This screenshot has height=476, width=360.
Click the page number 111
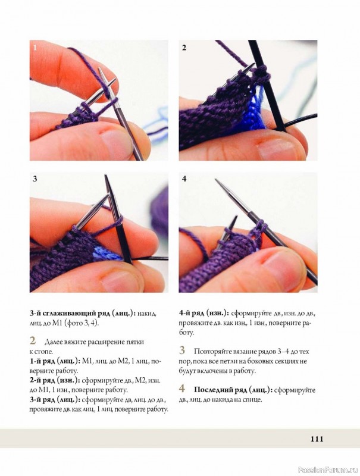[317, 439]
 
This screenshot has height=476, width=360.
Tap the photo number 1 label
[35, 48]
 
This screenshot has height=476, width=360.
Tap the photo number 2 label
[184, 48]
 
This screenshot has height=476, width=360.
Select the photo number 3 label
[35, 179]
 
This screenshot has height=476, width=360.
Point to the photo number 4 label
[184, 179]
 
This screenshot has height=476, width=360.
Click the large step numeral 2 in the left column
[33, 340]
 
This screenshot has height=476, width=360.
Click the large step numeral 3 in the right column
[182, 350]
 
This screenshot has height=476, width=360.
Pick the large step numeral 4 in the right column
[182, 389]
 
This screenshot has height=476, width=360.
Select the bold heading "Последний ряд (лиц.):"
[232, 390]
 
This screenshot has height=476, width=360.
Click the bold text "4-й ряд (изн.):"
[204, 313]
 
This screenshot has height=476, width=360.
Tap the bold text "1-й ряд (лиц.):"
[54, 361]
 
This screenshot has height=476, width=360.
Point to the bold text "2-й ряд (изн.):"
[55, 380]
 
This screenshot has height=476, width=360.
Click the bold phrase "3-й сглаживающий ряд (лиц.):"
[83, 314]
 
